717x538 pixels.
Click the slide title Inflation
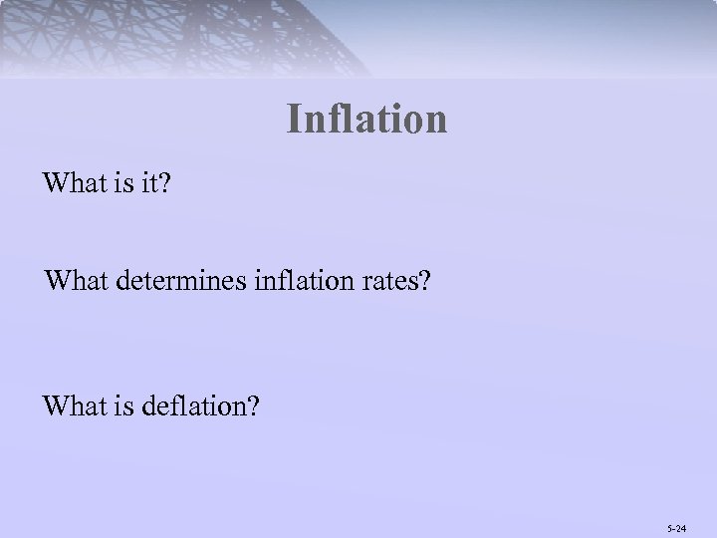click(366, 120)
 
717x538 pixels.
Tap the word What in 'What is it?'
click(72, 184)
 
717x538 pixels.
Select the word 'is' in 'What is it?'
click(118, 184)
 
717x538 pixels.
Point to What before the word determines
click(74, 282)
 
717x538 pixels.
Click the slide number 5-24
click(677, 522)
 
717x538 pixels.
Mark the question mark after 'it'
click(164, 184)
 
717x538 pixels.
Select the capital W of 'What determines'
click(56, 282)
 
